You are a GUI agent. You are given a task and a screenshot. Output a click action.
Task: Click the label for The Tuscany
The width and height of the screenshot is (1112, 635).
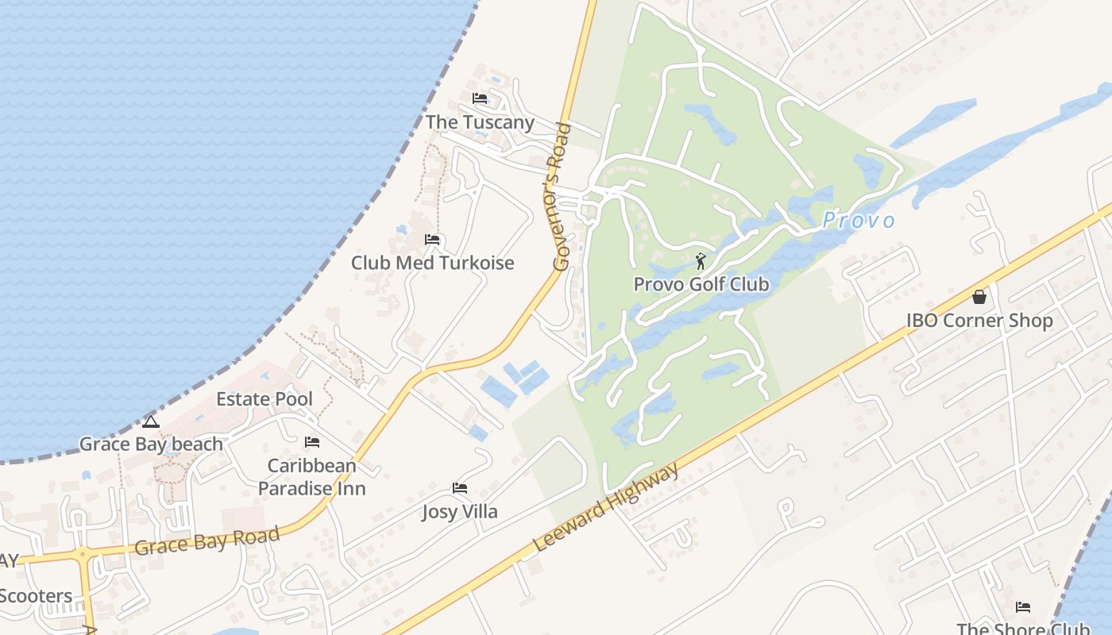[x=480, y=122]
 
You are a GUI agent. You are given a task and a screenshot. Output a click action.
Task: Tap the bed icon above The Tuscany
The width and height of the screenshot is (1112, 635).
[x=480, y=98]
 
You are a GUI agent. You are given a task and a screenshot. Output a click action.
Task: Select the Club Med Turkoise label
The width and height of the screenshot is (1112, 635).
[x=433, y=263]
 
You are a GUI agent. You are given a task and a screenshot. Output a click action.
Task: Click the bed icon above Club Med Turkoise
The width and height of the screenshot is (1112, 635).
[x=433, y=239]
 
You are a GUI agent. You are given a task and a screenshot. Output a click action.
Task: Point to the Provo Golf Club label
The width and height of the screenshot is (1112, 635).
[x=701, y=284]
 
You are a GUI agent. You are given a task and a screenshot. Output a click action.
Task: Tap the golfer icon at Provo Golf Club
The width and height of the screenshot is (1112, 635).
[x=701, y=261]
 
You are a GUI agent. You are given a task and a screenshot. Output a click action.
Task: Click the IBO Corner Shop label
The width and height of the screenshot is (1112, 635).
[x=979, y=321]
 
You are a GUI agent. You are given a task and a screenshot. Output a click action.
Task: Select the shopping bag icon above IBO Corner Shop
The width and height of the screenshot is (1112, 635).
[x=979, y=297]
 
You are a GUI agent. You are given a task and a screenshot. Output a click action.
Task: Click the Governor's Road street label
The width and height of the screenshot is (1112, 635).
[x=562, y=197]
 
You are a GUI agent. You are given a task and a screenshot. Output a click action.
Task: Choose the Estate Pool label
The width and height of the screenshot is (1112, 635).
[x=264, y=398]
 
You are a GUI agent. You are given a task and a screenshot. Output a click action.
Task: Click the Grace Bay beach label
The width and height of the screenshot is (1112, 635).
[x=151, y=444]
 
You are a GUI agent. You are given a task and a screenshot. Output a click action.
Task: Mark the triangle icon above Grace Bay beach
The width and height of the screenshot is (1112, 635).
[x=151, y=421]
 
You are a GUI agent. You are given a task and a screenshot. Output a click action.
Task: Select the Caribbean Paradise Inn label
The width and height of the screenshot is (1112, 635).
[x=312, y=477]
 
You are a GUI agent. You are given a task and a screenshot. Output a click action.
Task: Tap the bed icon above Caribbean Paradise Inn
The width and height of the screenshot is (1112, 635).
[x=312, y=442]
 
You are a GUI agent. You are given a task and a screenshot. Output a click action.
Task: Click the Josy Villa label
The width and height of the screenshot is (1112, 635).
[x=460, y=512]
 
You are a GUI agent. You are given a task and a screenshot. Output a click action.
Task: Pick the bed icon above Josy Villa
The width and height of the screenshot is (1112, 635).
[x=460, y=488]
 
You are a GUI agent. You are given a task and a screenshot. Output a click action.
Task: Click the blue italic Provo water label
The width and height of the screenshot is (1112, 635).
[x=859, y=221]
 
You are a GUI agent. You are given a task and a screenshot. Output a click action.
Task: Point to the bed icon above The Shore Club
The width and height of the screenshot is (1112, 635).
[x=1023, y=608]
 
